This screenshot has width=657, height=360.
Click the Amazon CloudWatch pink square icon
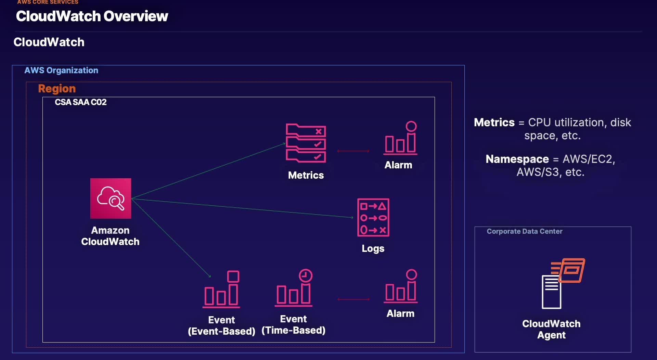[111, 198]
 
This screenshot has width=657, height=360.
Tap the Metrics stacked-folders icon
[306, 143]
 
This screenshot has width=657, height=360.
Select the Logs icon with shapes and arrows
[373, 217]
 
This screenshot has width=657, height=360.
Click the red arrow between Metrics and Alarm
[353, 151]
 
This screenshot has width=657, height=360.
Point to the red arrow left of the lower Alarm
[353, 299]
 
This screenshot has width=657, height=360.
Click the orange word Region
[57, 89]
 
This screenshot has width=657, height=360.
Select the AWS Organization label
[61, 70]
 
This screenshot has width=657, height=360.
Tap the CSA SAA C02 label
[81, 102]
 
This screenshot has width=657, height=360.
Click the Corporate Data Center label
[524, 231]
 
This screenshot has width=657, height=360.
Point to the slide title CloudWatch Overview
[92, 16]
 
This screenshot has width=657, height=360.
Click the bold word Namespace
[517, 159]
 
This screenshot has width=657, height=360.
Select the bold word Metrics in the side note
[494, 123]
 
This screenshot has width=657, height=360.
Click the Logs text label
[373, 248]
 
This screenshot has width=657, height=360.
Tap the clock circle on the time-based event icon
[306, 275]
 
